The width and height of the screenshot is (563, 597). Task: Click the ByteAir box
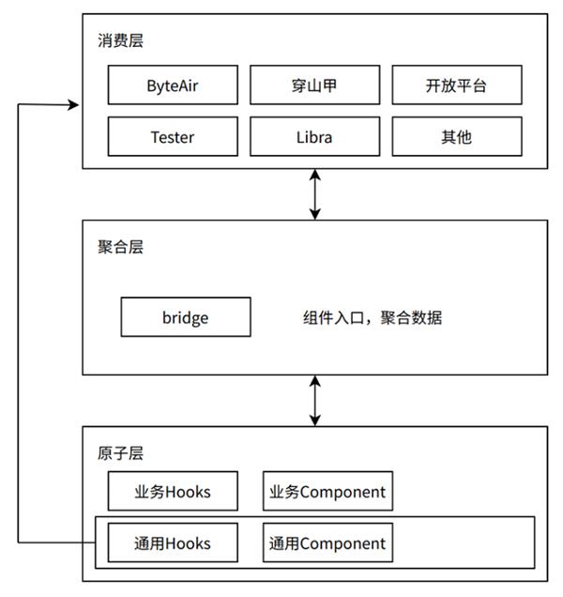[x=173, y=85]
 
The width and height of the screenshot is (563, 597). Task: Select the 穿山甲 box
[x=314, y=85]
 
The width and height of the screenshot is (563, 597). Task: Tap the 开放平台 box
[x=456, y=85]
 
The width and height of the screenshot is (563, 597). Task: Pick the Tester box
[x=173, y=137]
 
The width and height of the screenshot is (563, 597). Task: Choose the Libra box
[x=314, y=137]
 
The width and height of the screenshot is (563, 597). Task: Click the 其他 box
[x=456, y=137]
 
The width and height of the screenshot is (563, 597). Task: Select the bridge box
[x=186, y=317]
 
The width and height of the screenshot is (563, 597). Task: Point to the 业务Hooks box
[x=173, y=491]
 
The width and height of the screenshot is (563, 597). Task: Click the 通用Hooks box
[x=173, y=543]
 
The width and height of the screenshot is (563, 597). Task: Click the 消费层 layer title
[x=120, y=40]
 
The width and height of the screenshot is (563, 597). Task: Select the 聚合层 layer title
[x=120, y=247]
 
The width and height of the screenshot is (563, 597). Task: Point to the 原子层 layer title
[x=120, y=453]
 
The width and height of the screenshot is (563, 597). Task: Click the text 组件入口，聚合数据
[x=372, y=318]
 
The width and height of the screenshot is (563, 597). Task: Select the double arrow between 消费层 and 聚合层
[x=315, y=194]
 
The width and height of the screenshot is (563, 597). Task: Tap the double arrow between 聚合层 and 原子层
[x=315, y=400]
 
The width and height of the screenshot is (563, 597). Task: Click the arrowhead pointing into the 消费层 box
[x=74, y=105]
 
